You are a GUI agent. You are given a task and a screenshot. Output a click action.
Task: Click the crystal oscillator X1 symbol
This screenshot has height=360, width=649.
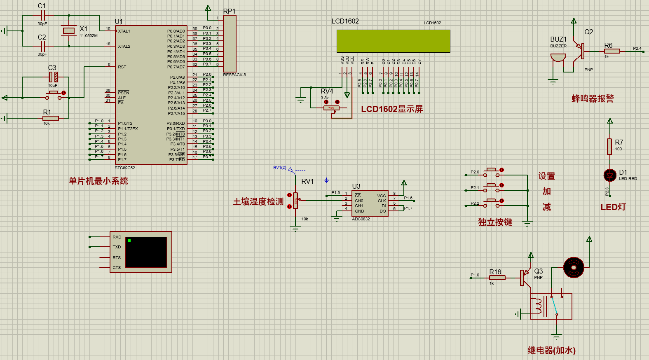tap(69, 30)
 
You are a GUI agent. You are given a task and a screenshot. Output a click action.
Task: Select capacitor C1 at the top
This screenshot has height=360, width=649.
tap(42, 15)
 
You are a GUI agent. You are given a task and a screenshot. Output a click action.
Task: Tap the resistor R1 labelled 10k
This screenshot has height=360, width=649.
tap(50, 118)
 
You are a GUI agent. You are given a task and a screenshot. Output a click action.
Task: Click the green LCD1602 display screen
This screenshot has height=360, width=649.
tap(393, 41)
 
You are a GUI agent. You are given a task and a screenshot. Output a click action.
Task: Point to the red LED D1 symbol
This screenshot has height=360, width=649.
tap(610, 175)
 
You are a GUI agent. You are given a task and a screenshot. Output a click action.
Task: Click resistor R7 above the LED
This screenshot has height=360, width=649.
tap(610, 146)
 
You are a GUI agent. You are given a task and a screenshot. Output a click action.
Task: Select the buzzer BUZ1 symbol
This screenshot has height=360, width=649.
tap(558, 57)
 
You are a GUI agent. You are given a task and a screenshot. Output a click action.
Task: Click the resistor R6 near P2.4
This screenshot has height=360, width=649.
tap(612, 51)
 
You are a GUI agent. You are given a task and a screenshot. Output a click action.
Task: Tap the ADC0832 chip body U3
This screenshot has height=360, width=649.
tap(370, 203)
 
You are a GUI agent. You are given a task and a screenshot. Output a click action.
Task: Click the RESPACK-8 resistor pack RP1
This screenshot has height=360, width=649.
tap(230, 44)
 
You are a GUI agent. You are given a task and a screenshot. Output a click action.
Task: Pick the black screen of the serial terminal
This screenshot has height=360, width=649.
tap(146, 252)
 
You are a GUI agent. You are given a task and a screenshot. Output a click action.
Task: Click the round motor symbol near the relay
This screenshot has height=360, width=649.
tap(574, 267)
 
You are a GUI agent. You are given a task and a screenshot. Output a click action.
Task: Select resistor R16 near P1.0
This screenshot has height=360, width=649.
tap(497, 278)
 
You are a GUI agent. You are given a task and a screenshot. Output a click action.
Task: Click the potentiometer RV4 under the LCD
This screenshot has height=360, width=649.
tap(331, 108)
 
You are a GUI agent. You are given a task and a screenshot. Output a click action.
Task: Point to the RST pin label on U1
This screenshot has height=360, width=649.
tap(122, 67)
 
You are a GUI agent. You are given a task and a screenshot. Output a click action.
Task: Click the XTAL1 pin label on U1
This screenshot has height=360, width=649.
tap(124, 31)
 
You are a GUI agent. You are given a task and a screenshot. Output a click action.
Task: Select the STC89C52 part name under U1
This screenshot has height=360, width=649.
tap(125, 168)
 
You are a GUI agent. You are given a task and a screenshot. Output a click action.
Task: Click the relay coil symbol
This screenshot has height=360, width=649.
tap(538, 306)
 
